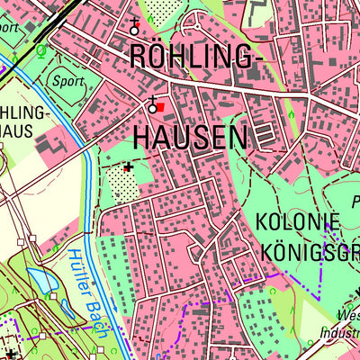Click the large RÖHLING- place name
[196, 56]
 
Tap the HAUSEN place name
[190, 137]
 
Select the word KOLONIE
[299, 221]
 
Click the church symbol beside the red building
[153, 104]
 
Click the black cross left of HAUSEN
[128, 166]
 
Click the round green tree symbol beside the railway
[40, 49]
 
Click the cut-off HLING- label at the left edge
[24, 114]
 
